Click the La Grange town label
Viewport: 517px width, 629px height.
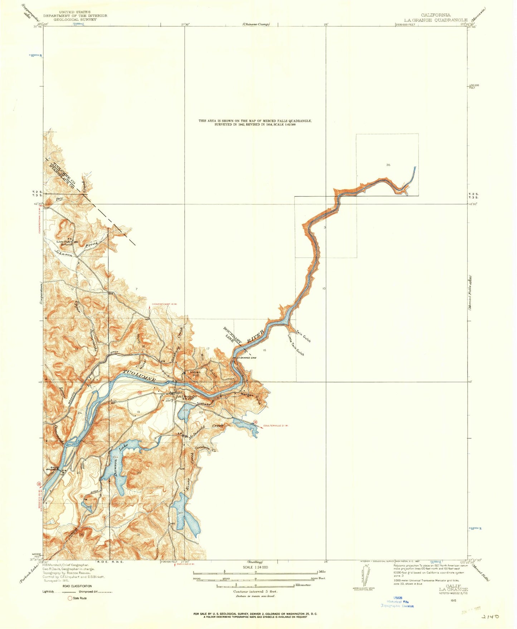click(x=186, y=396)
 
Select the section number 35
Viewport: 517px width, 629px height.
click(x=388, y=165)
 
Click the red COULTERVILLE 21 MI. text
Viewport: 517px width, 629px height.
click(x=276, y=425)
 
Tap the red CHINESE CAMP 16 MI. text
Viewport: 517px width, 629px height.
click(x=165, y=304)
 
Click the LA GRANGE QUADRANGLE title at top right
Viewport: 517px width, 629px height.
click(x=435, y=20)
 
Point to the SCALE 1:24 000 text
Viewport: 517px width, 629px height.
click(x=255, y=567)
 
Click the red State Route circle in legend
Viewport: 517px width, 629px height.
click(x=70, y=598)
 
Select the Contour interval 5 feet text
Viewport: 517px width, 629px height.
click(x=255, y=591)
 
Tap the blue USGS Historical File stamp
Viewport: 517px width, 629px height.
click(x=397, y=602)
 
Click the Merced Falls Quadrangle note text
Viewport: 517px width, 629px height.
click(x=255, y=123)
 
